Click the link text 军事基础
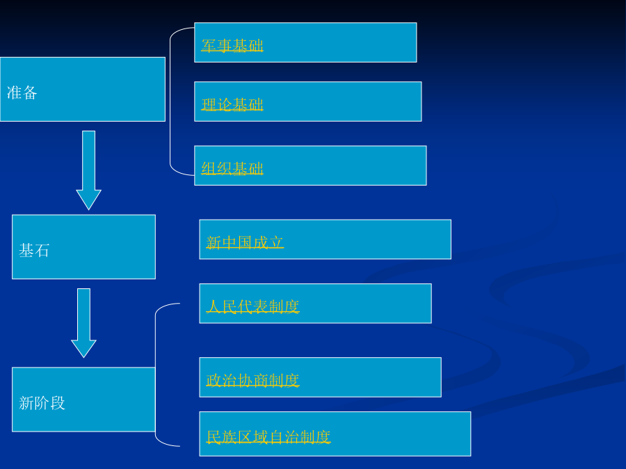232,46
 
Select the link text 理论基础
232,105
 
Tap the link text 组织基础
232,168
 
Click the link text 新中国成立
245,242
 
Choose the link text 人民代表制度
252,306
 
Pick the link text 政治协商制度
252,380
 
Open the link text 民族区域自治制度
268,437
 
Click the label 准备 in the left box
22,92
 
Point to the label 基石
34,251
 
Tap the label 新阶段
42,403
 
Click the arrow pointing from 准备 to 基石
88,170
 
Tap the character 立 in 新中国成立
276,242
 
